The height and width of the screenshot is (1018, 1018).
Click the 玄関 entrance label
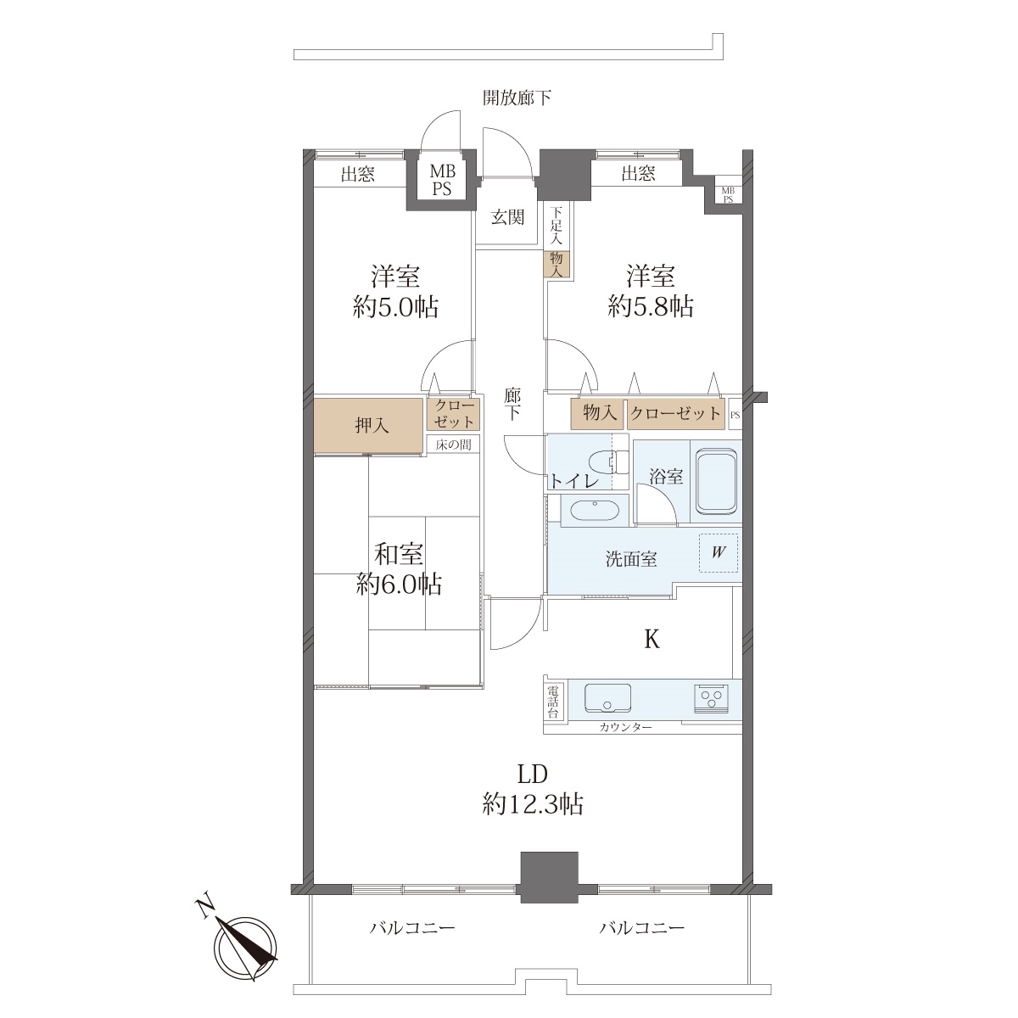tap(507, 216)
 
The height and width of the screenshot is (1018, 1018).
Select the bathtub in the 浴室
tap(716, 482)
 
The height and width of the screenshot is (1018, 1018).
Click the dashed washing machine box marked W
tap(718, 552)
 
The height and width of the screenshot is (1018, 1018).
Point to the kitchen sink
tap(607, 698)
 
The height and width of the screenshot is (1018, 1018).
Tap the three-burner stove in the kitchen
tap(711, 698)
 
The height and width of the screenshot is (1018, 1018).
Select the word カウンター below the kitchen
tap(625, 727)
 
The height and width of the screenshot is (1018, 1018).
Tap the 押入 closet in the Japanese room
tap(369, 425)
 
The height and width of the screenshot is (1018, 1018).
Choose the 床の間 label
tap(453, 445)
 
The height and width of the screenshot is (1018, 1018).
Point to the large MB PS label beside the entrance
tap(442, 180)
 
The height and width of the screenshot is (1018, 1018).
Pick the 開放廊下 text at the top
tap(517, 98)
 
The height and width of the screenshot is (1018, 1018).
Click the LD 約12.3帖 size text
tap(532, 789)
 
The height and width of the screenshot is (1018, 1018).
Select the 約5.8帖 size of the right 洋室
tap(651, 306)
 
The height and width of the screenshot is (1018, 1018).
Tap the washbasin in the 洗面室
tap(595, 510)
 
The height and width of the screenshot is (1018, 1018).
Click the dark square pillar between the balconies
tap(550, 877)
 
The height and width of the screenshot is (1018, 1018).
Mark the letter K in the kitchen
tap(652, 640)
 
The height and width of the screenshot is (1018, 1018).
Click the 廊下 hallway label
tap(512, 403)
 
